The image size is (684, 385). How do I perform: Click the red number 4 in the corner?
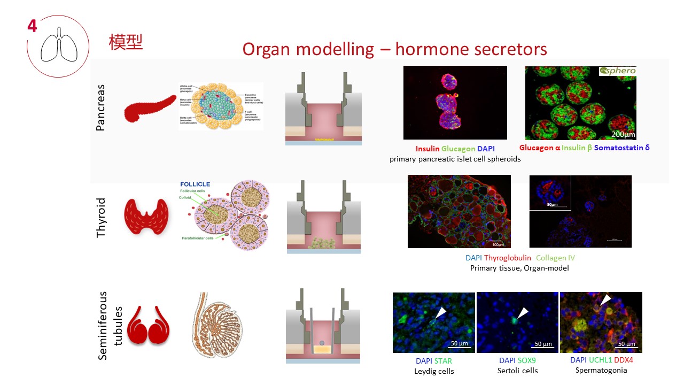(32, 25)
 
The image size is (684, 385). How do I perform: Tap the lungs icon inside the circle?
(59, 49)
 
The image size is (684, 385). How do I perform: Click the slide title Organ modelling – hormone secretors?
(394, 49)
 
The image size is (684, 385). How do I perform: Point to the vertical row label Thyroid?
(100, 218)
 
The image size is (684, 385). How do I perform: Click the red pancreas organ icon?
(150, 107)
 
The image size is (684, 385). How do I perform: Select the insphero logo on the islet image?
(617, 71)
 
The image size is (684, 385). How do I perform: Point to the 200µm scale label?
(623, 134)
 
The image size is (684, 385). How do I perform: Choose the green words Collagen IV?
(555, 258)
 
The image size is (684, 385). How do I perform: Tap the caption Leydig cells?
(433, 371)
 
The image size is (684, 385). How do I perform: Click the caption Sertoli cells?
(517, 371)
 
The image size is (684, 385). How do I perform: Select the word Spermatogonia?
(601, 370)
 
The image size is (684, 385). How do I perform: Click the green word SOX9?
(526, 360)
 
